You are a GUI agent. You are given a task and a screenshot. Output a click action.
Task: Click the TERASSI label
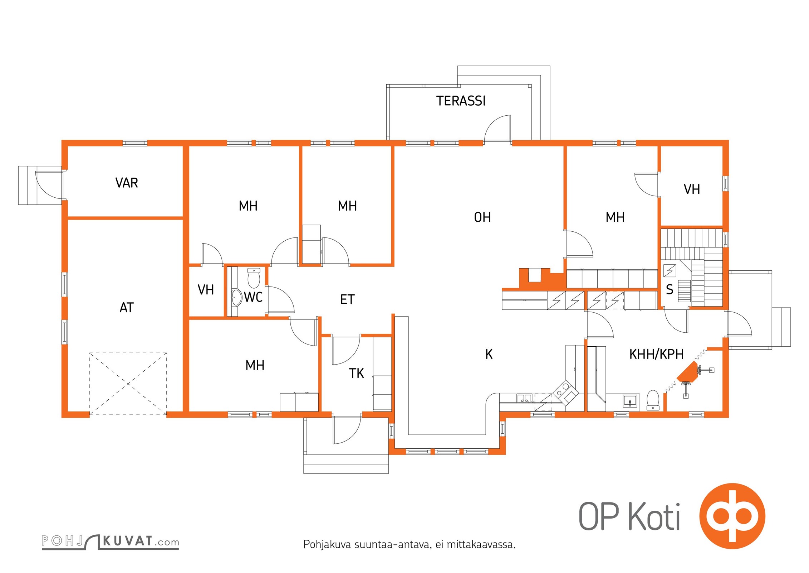point(461,101)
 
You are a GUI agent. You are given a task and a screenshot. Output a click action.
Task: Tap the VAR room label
point(127,183)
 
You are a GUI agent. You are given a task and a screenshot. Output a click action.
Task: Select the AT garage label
point(127,308)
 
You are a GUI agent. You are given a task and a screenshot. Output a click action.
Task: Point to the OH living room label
point(482,217)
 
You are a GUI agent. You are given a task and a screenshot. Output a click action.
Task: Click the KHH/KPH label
point(656,354)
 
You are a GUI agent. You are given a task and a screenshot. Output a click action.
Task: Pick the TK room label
point(356,374)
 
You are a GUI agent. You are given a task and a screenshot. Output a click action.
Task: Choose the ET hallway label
point(347,299)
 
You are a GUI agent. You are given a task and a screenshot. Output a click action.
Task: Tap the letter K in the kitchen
point(489,354)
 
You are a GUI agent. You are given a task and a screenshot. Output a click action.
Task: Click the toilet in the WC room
point(254,278)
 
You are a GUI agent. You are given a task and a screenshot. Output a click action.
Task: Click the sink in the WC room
point(236,298)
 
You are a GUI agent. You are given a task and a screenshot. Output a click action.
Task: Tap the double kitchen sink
point(524,398)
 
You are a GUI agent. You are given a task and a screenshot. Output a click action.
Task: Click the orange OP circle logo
point(732,516)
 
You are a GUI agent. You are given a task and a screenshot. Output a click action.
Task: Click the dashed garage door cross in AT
point(128,384)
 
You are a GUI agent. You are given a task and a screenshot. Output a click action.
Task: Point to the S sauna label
point(670,289)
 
